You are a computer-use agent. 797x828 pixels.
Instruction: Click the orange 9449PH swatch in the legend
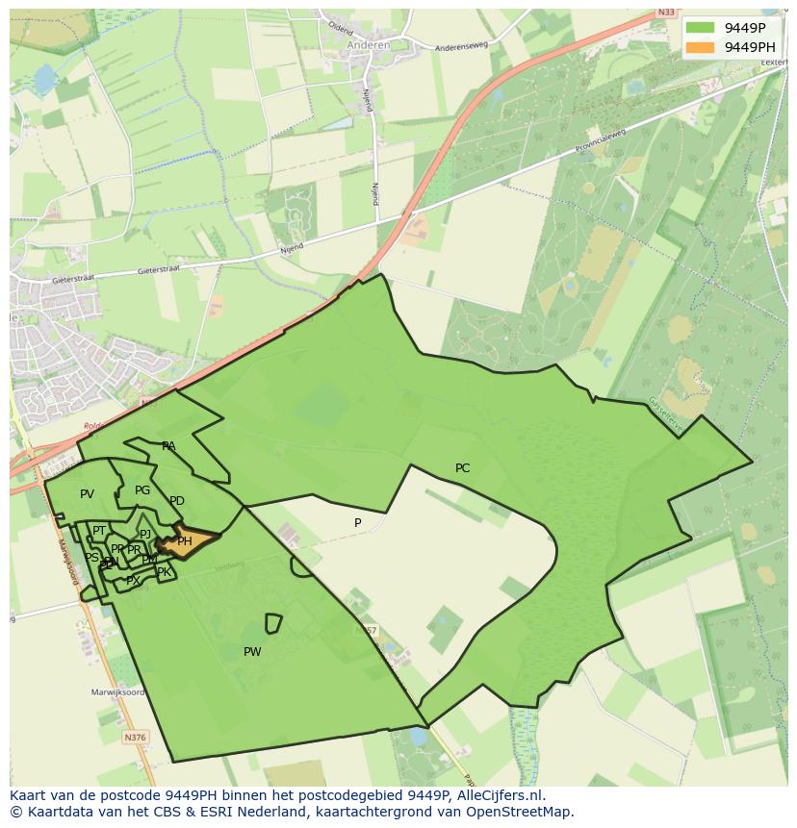[x=701, y=47]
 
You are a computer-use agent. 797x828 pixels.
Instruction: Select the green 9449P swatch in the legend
[x=701, y=28]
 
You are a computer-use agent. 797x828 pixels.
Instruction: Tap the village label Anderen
[x=369, y=44]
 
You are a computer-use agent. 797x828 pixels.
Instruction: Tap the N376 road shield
[x=136, y=737]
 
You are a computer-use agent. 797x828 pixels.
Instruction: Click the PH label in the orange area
[x=185, y=541]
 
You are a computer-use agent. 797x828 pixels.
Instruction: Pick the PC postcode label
[x=462, y=468]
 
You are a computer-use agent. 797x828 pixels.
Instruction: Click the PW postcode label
[x=252, y=652]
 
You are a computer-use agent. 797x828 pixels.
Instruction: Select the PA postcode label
[x=168, y=446]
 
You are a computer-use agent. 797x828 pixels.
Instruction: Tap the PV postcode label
[x=87, y=494]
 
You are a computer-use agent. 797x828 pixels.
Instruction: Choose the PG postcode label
[x=142, y=490]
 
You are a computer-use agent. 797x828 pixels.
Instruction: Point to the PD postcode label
[x=177, y=501]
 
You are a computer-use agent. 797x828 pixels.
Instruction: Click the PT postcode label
[x=99, y=531]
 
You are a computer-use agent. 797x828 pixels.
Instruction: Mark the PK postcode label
[x=164, y=572]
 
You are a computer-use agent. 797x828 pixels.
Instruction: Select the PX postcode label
[x=133, y=581]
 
